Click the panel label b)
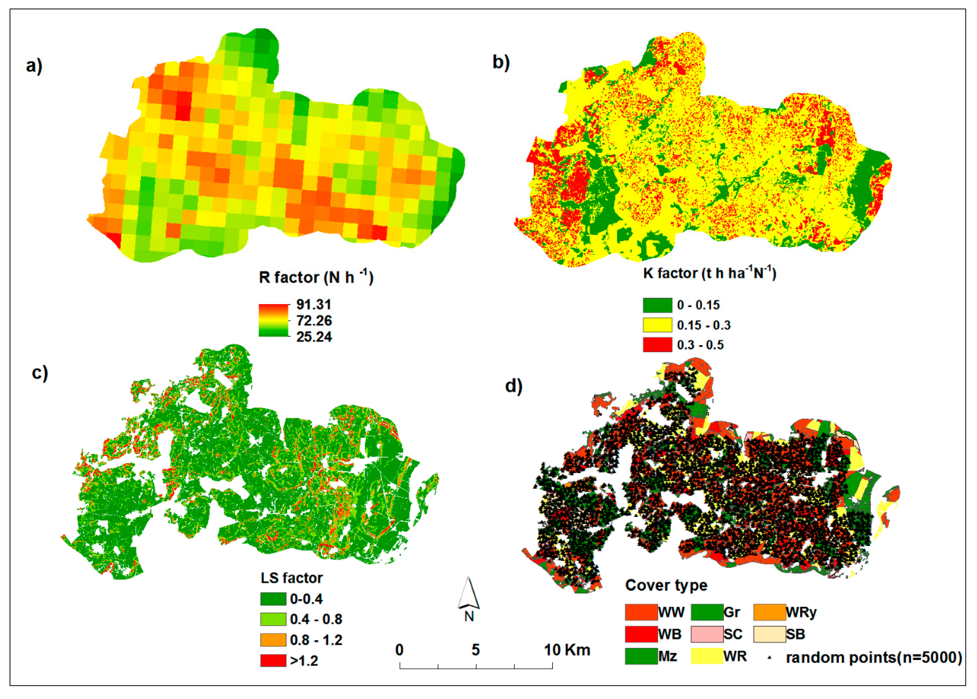[x=501, y=63]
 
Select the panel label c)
[x=40, y=373]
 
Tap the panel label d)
[x=513, y=386]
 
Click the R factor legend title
[x=316, y=278]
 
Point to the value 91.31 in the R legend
[x=314, y=305]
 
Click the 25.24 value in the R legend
[x=314, y=337]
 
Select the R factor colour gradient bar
[x=273, y=320]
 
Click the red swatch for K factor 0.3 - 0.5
[x=657, y=345]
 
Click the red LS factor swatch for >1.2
[x=273, y=660]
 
